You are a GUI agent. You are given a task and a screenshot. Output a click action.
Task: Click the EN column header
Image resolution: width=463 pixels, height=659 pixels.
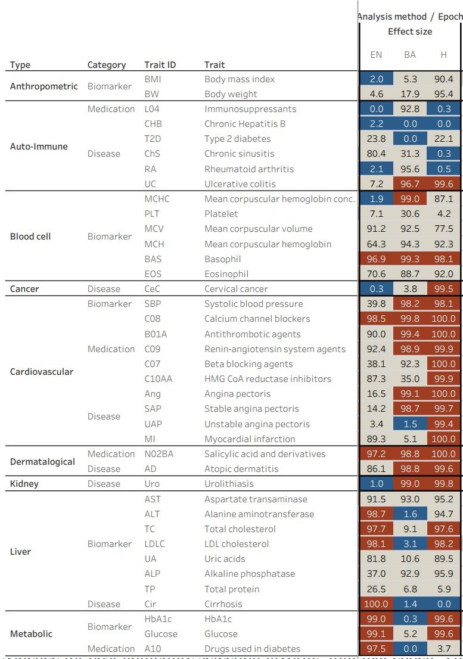376,55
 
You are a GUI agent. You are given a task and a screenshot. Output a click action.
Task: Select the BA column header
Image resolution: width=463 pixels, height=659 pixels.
410,55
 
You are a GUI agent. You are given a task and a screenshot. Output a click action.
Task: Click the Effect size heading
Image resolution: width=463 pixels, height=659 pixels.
410,32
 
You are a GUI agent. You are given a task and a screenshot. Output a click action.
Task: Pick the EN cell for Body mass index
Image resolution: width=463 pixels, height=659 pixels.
376,79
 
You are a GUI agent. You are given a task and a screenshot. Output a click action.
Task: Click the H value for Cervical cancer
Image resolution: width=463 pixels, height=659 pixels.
444,289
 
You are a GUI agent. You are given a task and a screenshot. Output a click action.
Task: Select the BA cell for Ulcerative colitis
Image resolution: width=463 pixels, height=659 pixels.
410,184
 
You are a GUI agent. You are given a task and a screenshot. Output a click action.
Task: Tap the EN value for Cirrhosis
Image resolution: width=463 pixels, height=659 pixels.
376,604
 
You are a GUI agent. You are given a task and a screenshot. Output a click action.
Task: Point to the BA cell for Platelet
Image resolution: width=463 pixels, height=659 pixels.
410,214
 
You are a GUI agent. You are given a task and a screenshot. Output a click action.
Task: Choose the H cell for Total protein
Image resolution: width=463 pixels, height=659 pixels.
444,589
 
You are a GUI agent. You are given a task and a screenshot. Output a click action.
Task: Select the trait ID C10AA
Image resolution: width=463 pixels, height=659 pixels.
158,379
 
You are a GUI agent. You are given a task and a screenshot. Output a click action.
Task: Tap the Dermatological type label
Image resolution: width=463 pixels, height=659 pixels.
42,462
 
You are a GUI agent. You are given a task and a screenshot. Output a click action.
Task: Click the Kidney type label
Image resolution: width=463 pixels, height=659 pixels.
24,484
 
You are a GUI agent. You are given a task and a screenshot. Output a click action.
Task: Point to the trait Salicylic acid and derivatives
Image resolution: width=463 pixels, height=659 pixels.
265,454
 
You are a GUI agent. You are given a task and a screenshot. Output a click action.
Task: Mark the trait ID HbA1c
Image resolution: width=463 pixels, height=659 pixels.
154,619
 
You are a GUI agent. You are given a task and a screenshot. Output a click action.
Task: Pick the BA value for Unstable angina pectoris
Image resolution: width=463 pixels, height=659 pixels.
410,424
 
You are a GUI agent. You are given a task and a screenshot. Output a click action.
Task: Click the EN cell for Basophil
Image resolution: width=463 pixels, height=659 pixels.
376,259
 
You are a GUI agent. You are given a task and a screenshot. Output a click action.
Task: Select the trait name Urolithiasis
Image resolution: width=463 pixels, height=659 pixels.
229,484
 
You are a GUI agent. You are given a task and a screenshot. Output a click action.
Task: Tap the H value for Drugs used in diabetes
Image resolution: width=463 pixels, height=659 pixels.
444,649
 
